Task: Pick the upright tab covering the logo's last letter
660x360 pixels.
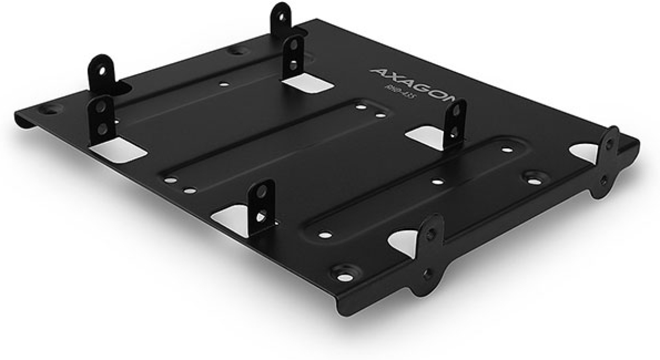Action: pos(455,124)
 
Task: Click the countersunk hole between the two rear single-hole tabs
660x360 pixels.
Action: pos(238,51)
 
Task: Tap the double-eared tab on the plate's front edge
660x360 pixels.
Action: pos(431,253)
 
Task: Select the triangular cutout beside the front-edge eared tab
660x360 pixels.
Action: pos(405,242)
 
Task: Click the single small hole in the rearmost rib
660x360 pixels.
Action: pos(224,85)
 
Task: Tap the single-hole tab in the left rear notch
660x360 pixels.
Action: pos(101,71)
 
